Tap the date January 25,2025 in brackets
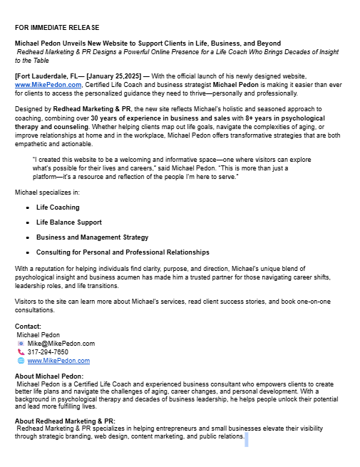click(x=115, y=76)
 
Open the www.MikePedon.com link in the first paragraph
click(x=48, y=84)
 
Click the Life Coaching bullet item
click(x=58, y=207)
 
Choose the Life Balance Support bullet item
click(x=68, y=222)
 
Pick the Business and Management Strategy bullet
click(x=92, y=237)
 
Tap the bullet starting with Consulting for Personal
click(x=123, y=252)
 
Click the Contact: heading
click(x=28, y=327)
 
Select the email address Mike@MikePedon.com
click(x=61, y=344)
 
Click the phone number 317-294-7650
click(x=48, y=352)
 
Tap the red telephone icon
click(x=21, y=352)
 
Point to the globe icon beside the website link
click(x=21, y=361)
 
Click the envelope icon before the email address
click(x=21, y=344)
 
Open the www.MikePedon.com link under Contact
click(x=58, y=361)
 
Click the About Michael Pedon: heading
click(x=49, y=376)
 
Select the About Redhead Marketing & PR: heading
click(x=65, y=421)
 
